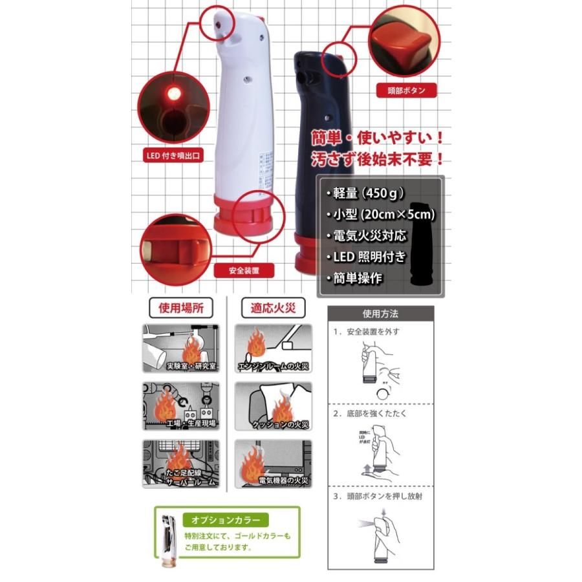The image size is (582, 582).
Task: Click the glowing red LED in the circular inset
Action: (173, 96)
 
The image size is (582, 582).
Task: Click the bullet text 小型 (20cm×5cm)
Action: (378, 213)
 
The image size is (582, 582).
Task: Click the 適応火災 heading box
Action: (273, 307)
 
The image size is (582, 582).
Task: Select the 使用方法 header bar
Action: (380, 314)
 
